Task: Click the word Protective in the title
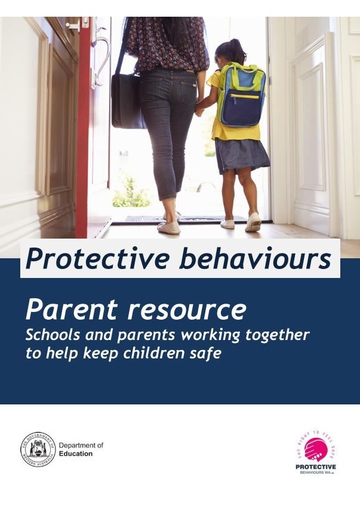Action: coord(84,258)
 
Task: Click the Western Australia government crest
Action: coord(38,449)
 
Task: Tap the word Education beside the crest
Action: coord(76,454)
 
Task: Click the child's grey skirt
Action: coord(241,155)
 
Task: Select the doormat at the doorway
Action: coord(179,220)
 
